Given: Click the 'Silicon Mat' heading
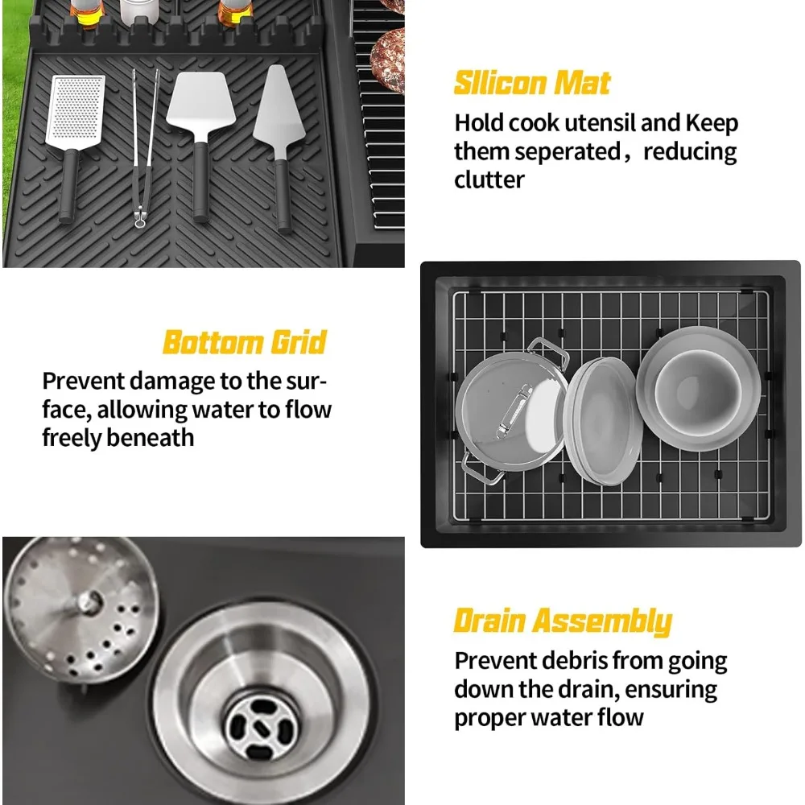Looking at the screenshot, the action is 532,83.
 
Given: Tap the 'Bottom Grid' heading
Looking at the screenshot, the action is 245,342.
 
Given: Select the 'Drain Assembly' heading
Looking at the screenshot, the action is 563,621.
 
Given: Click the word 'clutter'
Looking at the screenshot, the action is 489,180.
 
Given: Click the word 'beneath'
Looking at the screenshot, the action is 151,438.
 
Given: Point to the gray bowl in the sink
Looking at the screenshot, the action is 698,389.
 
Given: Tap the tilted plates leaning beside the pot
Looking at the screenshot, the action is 603,421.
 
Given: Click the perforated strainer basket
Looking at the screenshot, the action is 80,609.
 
